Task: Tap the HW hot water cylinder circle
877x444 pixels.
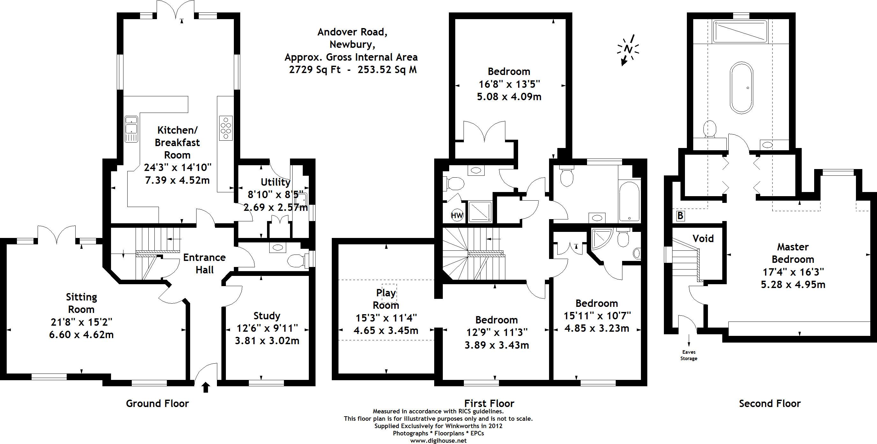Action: [457, 215]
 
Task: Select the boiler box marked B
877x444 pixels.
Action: [680, 216]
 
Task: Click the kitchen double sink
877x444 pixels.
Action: [131, 129]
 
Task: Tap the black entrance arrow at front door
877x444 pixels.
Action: [206, 387]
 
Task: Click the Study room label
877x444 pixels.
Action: [267, 316]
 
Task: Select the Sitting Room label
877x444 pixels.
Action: [81, 303]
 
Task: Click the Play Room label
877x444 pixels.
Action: [386, 299]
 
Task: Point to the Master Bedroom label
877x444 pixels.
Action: [793, 253]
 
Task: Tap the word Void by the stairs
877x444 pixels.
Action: [703, 238]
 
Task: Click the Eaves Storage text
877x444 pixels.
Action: [689, 355]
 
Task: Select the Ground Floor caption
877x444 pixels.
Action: [157, 403]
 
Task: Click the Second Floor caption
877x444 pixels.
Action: [770, 403]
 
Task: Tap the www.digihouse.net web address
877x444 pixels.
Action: [438, 440]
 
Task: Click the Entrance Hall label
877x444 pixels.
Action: [204, 263]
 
